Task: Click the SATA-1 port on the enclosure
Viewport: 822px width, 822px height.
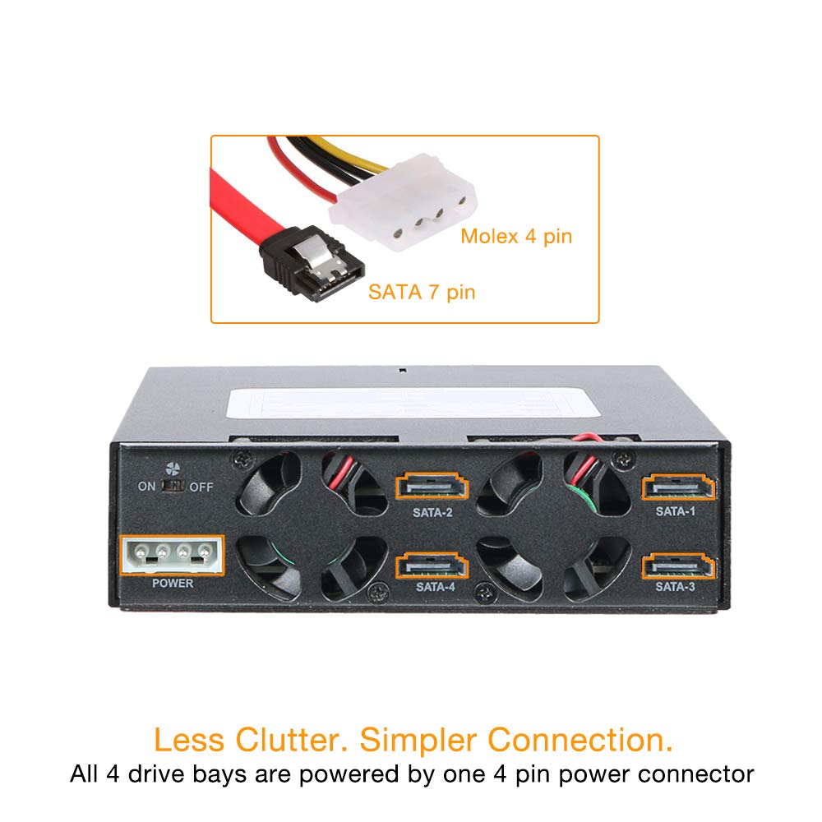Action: tap(678, 487)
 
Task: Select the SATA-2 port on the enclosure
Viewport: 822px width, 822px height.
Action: tap(432, 487)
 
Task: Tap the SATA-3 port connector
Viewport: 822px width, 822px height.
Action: tap(678, 566)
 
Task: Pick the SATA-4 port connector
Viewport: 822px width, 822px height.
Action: tap(432, 566)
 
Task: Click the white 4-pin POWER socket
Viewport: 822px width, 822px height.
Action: tap(173, 555)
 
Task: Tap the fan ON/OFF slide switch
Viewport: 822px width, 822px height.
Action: tap(173, 486)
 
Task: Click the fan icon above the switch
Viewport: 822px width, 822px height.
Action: tap(173, 469)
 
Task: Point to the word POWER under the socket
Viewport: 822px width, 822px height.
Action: tap(173, 583)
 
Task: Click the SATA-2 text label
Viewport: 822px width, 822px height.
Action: tap(432, 513)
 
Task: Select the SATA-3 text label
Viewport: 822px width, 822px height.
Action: tap(675, 587)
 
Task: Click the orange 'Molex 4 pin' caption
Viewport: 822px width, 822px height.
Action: tap(516, 237)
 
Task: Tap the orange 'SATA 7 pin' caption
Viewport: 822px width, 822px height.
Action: tap(422, 292)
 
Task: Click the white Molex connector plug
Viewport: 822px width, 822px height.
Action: tap(403, 202)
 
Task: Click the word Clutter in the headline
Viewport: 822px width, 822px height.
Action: tap(292, 740)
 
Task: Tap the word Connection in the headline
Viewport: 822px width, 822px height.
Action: tap(580, 740)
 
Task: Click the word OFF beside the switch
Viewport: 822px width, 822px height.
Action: tap(201, 487)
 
